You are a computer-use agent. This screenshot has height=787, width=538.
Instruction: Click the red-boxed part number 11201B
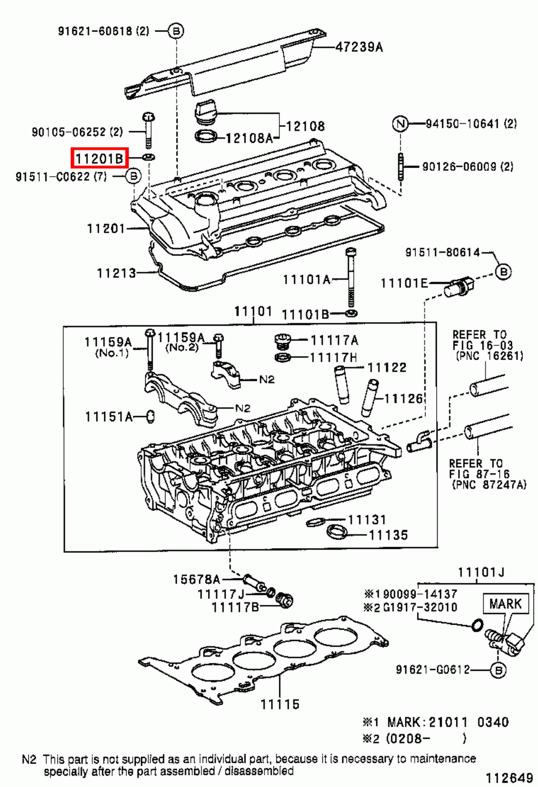pyautogui.click(x=99, y=158)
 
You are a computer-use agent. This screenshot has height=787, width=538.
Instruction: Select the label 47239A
pyautogui.click(x=359, y=47)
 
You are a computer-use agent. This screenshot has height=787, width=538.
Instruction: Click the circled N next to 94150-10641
pyautogui.click(x=400, y=123)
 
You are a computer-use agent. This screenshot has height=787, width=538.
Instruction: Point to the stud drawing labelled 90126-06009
pyautogui.click(x=401, y=167)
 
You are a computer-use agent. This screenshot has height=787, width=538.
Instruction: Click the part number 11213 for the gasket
pyautogui.click(x=116, y=273)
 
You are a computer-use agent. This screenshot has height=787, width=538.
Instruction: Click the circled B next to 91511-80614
pyautogui.click(x=503, y=272)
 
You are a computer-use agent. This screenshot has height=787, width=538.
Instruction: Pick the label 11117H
pyautogui.click(x=333, y=358)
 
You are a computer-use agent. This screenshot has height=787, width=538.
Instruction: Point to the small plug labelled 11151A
pyautogui.click(x=151, y=417)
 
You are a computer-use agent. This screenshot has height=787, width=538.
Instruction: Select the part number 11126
pyautogui.click(x=403, y=398)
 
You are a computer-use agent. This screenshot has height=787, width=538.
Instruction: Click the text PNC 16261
pyautogui.click(x=489, y=356)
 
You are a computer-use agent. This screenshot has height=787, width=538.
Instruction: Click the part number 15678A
pyautogui.click(x=196, y=579)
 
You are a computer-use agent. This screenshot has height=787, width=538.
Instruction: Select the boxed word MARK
pyautogui.click(x=505, y=604)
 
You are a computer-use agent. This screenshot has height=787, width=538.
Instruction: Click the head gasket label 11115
pyautogui.click(x=279, y=704)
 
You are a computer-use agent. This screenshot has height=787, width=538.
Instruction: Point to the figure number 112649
pyautogui.click(x=509, y=778)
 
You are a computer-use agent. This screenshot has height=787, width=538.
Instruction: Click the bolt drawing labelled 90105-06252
pyautogui.click(x=148, y=130)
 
